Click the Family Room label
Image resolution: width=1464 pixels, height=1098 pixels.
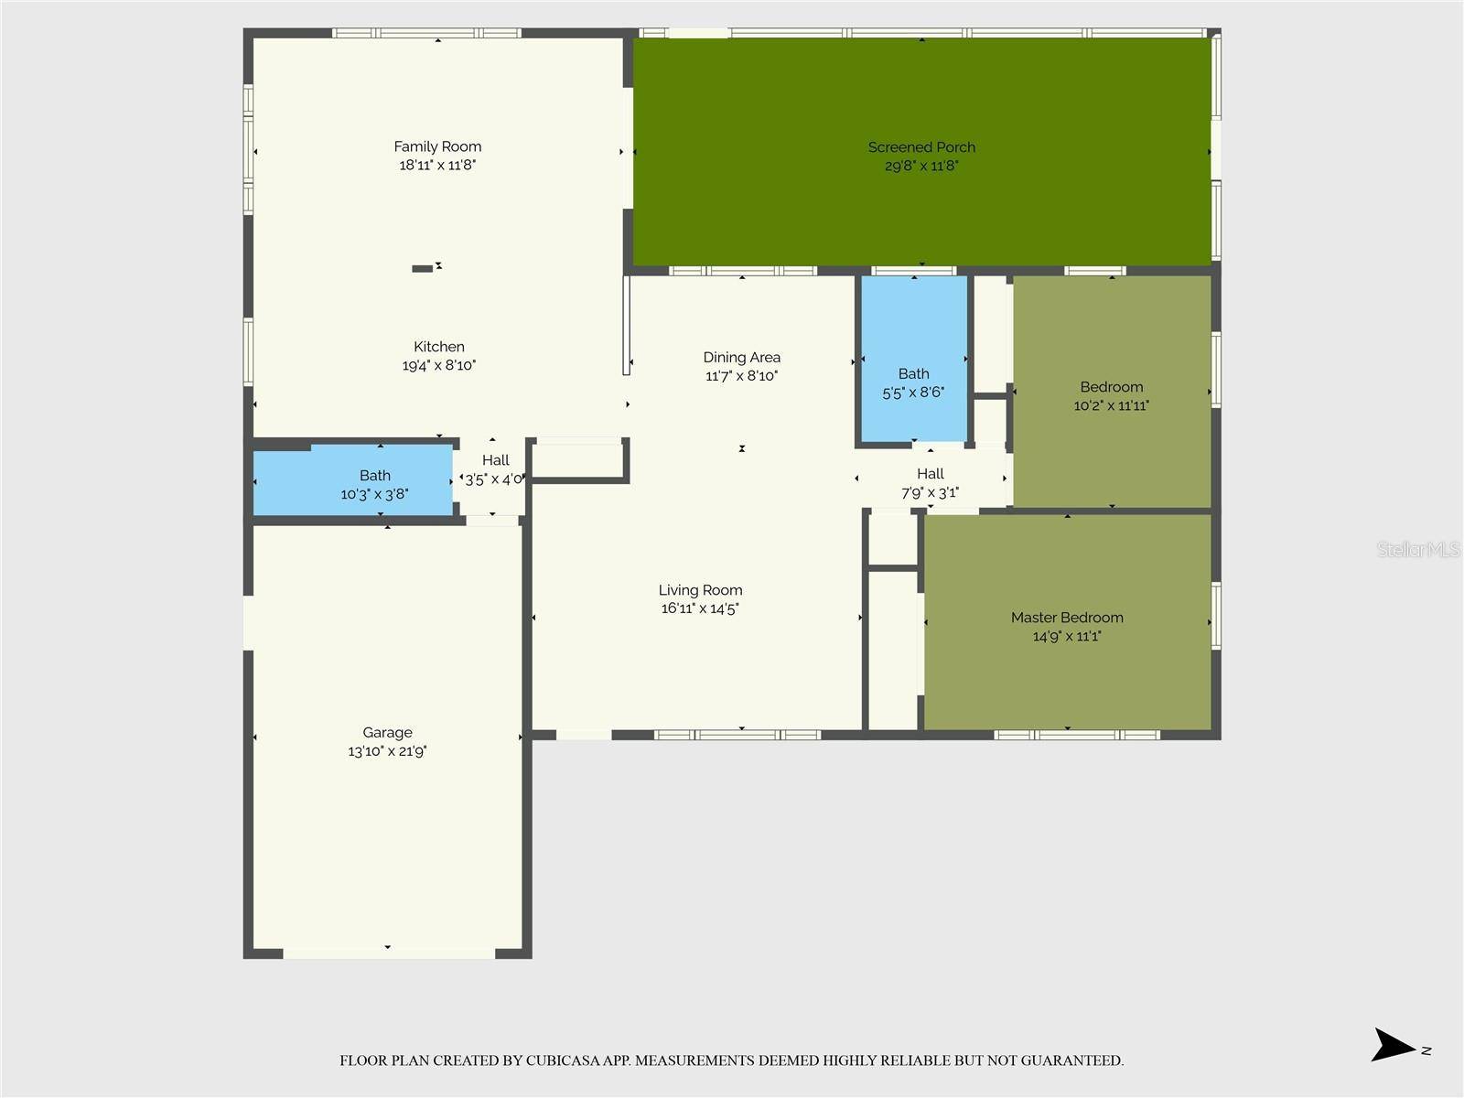[437, 146]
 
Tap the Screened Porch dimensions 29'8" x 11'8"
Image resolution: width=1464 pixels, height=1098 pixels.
[921, 166]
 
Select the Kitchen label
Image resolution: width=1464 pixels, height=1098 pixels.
[439, 347]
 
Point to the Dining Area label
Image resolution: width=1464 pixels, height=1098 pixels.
[741, 358]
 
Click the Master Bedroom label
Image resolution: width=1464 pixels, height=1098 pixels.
[1067, 618]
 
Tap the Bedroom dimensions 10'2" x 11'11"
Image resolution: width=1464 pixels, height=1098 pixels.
[1111, 405]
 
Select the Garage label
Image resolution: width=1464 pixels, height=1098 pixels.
[387, 732]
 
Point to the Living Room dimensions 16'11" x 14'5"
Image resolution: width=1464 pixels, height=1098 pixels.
[700, 608]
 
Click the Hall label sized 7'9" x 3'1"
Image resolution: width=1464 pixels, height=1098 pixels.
[930, 474]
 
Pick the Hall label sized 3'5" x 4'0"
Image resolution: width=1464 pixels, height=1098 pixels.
[495, 460]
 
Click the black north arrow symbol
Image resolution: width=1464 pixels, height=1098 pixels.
[1393, 1045]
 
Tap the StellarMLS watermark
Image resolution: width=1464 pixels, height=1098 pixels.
[1417, 549]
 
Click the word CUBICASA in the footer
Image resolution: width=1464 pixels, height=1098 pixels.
[562, 1060]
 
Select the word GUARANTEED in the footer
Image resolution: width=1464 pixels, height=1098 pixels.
[1071, 1060]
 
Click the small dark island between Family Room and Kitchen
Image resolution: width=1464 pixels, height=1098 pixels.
[422, 268]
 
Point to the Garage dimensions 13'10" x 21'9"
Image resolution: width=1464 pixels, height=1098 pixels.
[387, 751]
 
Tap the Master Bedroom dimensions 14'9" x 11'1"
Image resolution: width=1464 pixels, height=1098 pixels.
[1067, 636]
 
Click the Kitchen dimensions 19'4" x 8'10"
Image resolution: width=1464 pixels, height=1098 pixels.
[439, 365]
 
